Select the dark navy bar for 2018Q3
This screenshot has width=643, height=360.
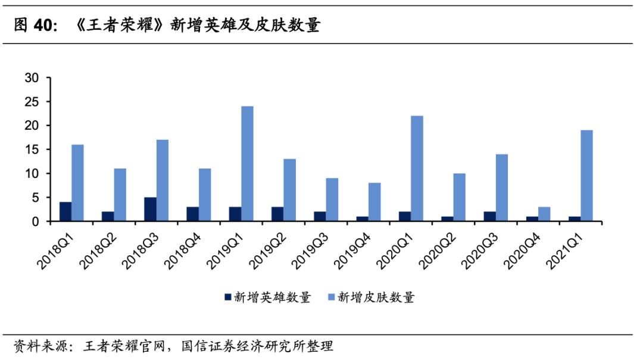[151, 209]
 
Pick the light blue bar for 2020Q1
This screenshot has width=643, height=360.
[417, 168]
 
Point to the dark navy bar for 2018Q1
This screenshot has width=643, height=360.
[65, 212]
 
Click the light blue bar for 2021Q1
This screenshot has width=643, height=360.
[586, 176]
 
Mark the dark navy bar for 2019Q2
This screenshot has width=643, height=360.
[277, 214]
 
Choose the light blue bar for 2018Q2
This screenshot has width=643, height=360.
[120, 195]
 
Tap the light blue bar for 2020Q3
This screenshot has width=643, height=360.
[501, 188]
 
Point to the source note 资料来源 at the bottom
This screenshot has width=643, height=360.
[36, 345]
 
